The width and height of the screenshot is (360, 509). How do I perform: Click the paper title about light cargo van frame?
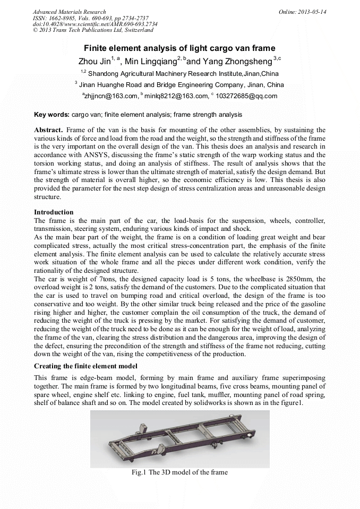179,48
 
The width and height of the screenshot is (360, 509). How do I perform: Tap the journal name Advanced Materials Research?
69,12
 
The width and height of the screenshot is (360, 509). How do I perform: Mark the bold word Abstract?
48,130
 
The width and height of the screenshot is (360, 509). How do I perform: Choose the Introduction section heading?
54,212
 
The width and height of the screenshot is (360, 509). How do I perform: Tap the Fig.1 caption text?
179,472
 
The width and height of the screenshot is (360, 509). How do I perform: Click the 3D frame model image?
179,438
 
